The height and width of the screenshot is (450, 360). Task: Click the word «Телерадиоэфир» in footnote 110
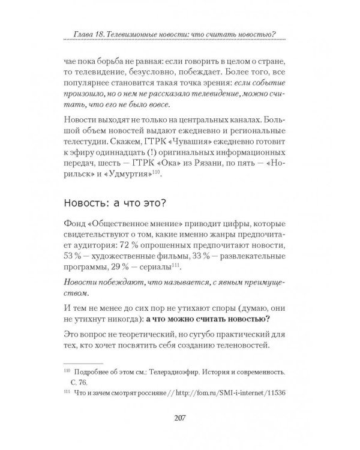[x=187, y=371]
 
